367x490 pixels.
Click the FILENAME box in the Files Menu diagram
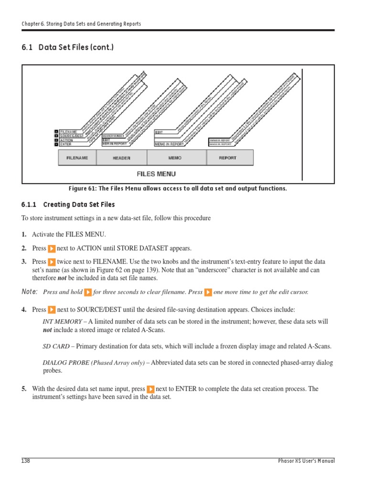(77, 158)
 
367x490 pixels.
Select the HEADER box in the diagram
(121, 158)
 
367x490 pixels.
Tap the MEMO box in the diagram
(175, 158)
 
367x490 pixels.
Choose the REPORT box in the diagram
(227, 158)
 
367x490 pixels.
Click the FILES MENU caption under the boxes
(152, 174)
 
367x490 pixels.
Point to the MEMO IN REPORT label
(169, 144)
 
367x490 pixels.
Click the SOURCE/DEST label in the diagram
(71, 135)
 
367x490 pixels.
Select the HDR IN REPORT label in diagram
(115, 144)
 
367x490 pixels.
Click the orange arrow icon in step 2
(52, 249)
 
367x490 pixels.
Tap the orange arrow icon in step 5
(151, 390)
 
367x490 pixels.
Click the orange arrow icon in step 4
(52, 310)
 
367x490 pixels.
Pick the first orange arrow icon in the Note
(88, 292)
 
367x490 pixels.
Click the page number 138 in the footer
(26, 461)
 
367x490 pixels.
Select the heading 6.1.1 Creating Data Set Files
(68, 205)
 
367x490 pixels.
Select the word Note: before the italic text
(30, 292)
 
